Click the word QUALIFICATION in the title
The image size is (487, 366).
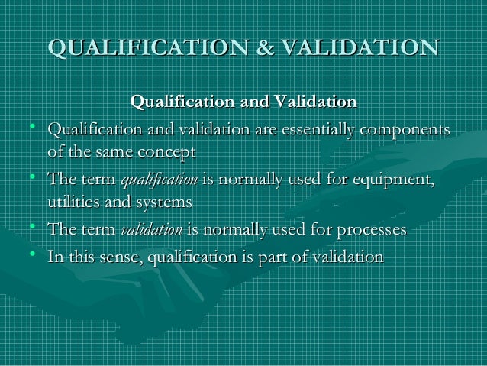click(x=142, y=48)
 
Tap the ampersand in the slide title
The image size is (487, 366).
click(x=261, y=48)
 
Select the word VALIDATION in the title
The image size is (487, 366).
click(x=359, y=48)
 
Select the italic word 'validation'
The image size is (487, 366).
click(x=152, y=230)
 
